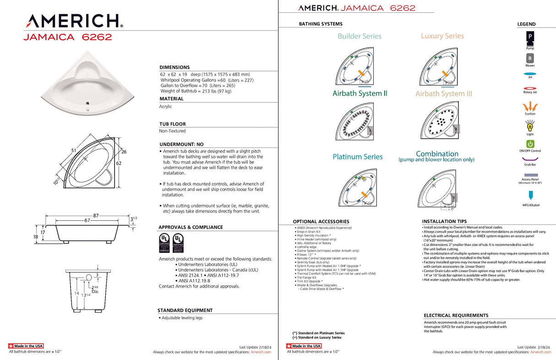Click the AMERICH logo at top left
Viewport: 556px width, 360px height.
73,21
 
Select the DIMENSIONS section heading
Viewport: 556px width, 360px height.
174,67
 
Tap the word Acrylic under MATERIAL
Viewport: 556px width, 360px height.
165,106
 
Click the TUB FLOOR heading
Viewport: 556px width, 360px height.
172,124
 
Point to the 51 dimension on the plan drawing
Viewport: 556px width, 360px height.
74,150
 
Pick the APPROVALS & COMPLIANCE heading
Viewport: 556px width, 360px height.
191,227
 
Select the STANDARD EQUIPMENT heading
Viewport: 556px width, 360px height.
185,310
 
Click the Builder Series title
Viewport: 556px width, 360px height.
360,36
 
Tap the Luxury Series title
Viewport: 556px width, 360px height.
442,36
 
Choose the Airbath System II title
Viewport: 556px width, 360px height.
360,93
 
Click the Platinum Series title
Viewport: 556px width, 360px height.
358,157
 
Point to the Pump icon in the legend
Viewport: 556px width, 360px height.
530,37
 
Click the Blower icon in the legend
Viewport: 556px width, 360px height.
530,58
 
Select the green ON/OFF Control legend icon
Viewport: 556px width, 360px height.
530,144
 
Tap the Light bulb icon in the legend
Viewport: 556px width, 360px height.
530,125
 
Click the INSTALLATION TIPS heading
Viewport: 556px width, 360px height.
444,221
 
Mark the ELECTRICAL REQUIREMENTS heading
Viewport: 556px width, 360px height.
456,316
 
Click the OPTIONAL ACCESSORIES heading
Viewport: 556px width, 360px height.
321,222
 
